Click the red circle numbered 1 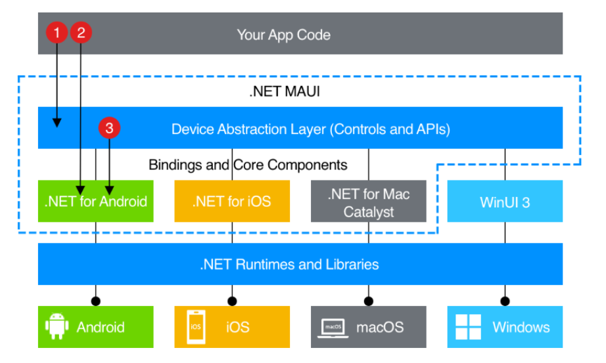coord(57,32)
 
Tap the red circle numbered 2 coord(81,32)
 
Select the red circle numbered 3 coord(109,129)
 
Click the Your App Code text coord(283,34)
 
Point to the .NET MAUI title coord(284,91)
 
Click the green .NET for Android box coord(96,201)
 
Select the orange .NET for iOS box coord(231,201)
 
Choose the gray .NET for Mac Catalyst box coord(368,201)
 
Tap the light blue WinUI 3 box coord(505,201)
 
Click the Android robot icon coord(58,326)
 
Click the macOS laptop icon coord(333,327)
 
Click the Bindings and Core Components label coord(248,164)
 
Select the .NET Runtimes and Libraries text coord(289,265)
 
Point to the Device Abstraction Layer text coord(310,129)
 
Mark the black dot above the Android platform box coord(96,301)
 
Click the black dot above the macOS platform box coord(368,301)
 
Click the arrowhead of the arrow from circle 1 coord(57,122)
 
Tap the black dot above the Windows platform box coord(505,301)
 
